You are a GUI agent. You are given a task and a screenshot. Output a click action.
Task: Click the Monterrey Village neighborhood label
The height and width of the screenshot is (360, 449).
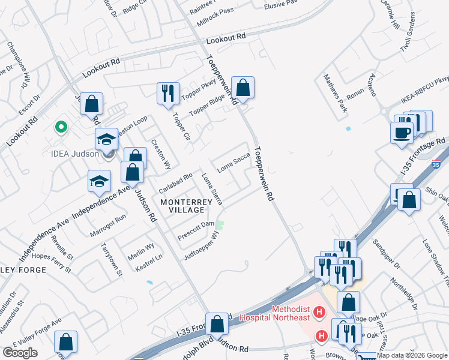click(186, 207)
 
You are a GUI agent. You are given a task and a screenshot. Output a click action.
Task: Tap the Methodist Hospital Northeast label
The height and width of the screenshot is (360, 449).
click(291, 313)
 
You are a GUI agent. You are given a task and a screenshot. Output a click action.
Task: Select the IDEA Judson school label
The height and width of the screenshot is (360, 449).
click(73, 154)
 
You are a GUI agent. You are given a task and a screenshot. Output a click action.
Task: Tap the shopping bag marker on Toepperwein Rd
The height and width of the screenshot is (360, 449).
click(243, 88)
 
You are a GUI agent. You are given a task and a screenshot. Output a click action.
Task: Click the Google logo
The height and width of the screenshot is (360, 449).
click(20, 353)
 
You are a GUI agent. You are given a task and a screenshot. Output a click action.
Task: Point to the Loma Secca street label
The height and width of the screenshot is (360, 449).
click(233, 163)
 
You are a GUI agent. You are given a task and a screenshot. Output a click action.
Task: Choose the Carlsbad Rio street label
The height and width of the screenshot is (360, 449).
click(175, 182)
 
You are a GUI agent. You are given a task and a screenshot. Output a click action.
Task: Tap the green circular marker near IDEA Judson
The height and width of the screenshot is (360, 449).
click(60, 127)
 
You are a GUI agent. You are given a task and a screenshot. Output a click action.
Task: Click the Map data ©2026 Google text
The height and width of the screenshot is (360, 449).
click(411, 355)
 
